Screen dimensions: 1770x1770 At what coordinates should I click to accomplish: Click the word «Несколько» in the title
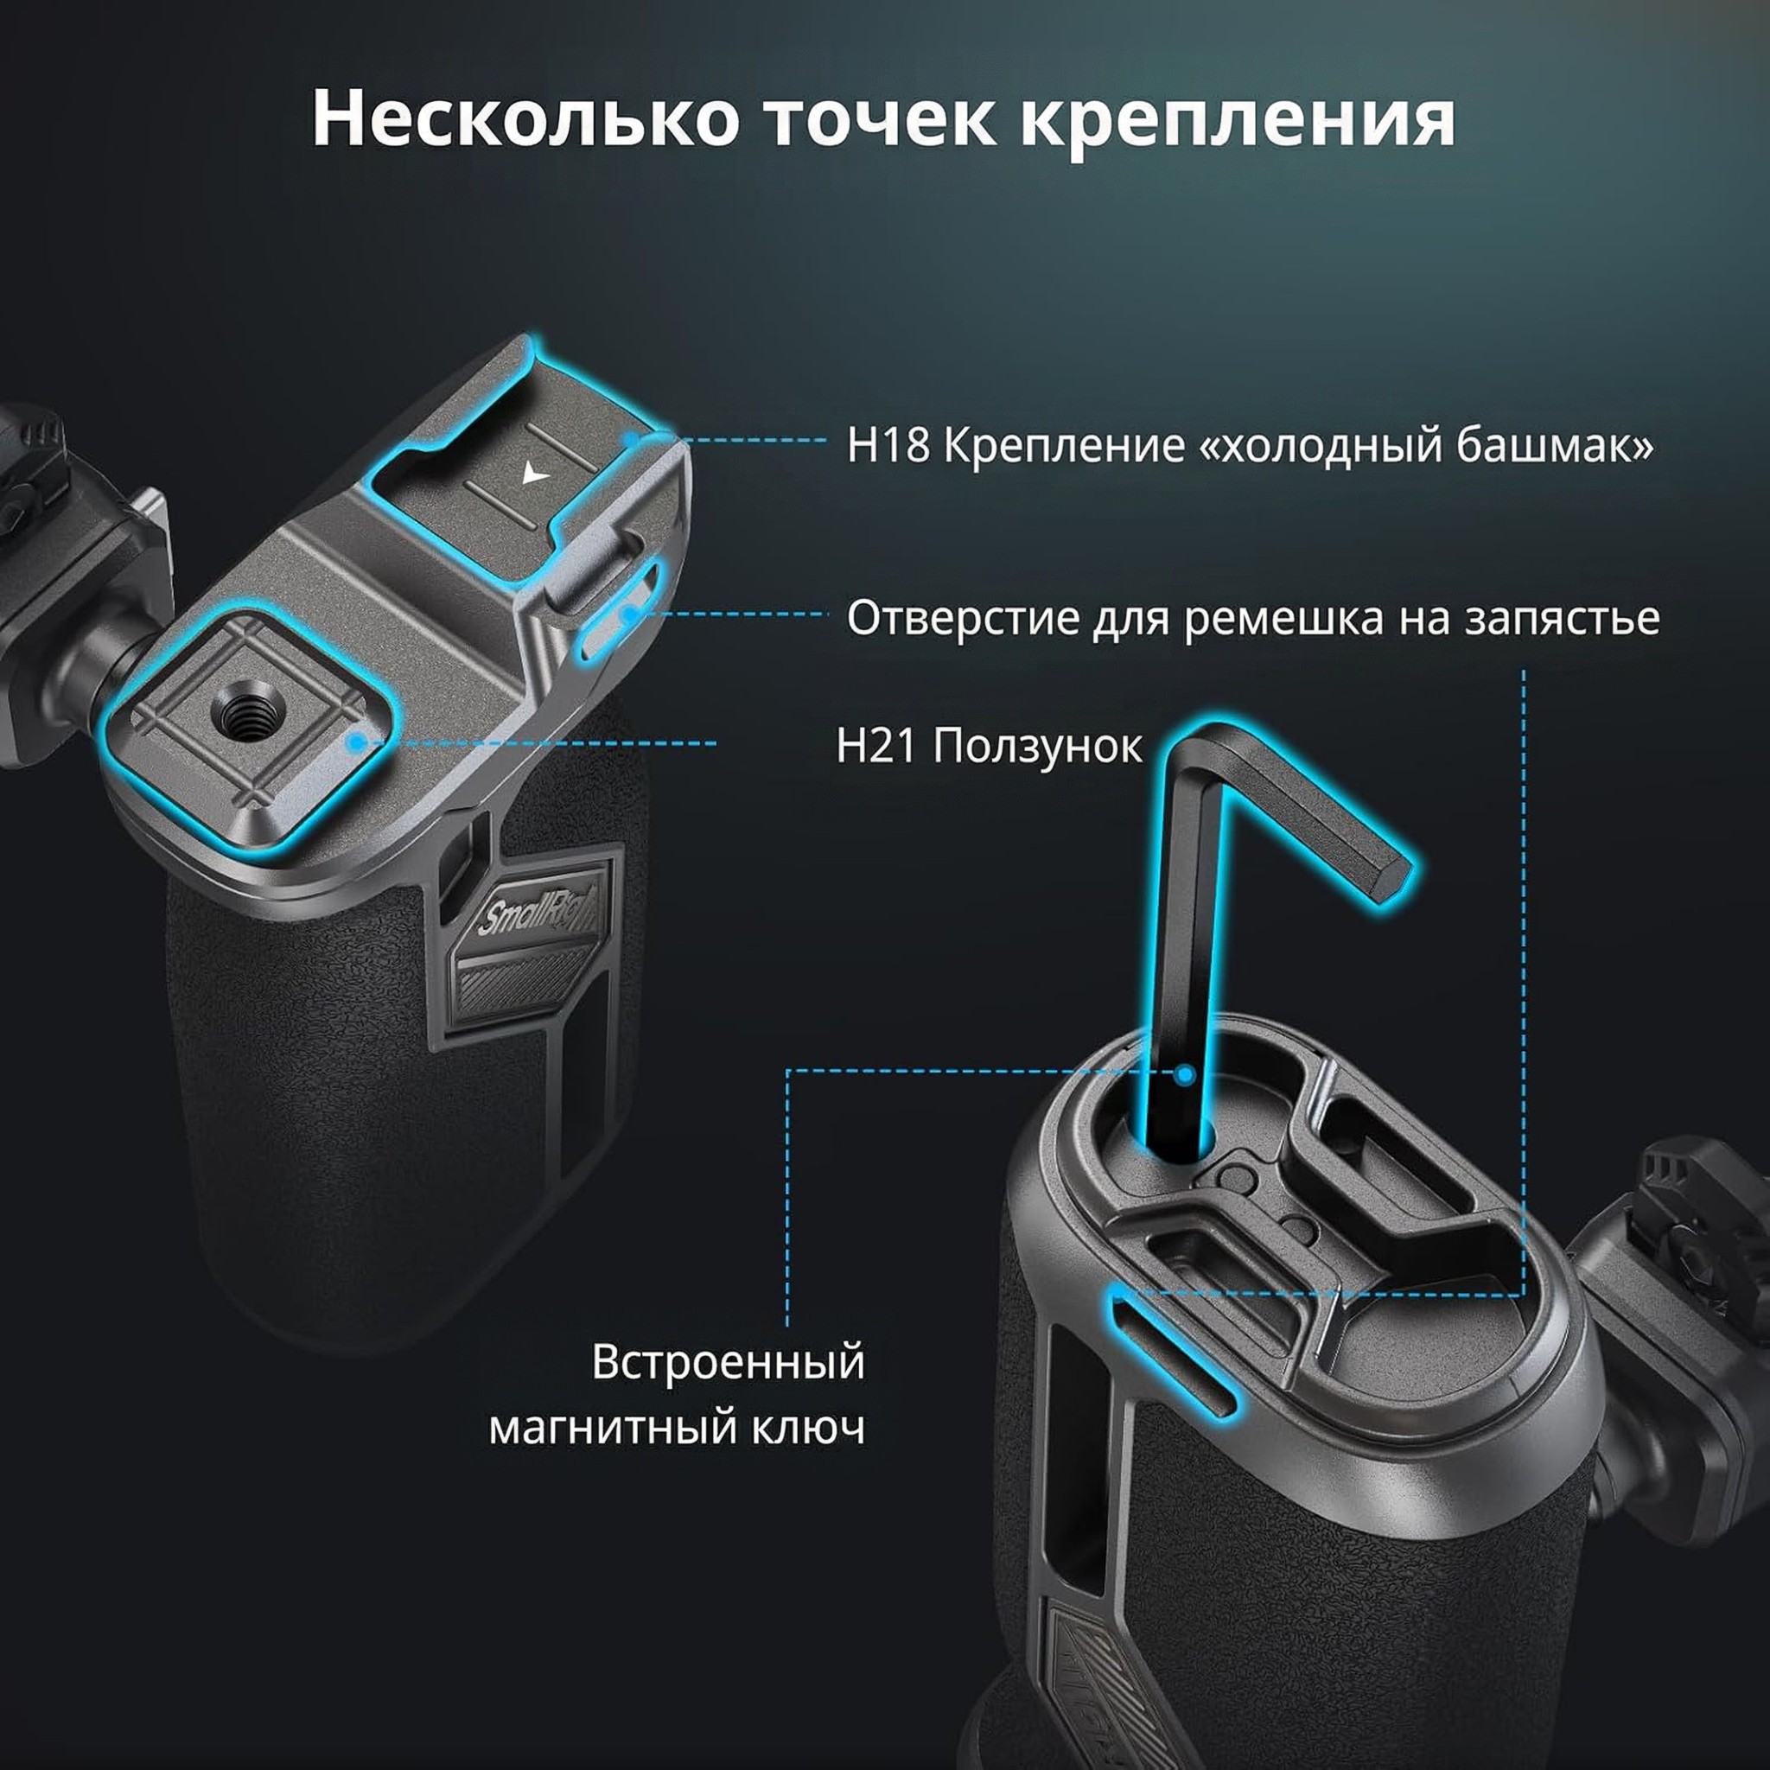tap(525, 119)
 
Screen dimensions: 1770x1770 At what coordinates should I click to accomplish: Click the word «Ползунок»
tap(1038, 748)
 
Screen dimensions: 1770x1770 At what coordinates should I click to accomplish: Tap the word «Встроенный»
tap(729, 1362)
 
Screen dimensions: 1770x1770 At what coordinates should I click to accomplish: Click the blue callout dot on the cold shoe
tap(631, 441)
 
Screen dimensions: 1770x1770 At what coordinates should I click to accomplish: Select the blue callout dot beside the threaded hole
tap(358, 743)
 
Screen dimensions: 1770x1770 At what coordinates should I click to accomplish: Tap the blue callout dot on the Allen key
tap(1185, 1074)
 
